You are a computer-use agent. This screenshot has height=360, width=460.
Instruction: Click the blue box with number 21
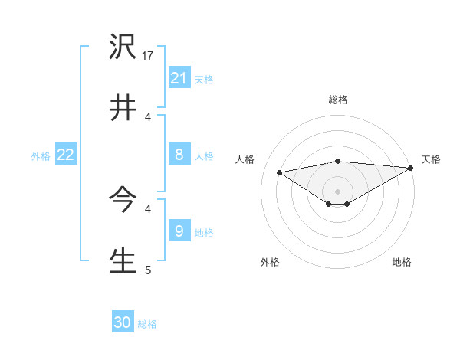[x=179, y=77]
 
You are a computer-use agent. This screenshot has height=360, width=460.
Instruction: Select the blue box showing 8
[x=179, y=155]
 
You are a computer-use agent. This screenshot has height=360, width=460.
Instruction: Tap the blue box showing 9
[x=179, y=231]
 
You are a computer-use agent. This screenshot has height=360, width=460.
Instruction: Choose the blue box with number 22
[x=66, y=155]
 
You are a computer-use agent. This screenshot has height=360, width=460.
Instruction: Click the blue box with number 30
[x=123, y=322]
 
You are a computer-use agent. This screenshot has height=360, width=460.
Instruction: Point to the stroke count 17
[x=149, y=57]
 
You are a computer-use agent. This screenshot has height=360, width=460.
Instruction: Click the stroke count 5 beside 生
[x=148, y=269]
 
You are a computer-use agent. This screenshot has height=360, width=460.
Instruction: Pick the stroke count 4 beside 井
[x=148, y=117]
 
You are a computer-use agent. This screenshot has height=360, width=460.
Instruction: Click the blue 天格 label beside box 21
[x=204, y=79]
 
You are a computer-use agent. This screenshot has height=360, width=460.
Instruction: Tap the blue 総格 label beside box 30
[x=147, y=324]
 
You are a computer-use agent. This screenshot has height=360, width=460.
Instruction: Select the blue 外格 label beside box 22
[x=41, y=156]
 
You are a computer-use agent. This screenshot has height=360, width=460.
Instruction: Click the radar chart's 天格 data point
[x=412, y=168]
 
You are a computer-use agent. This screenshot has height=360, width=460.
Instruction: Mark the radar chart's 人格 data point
[x=280, y=172]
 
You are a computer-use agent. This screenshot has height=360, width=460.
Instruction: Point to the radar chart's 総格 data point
[x=338, y=161]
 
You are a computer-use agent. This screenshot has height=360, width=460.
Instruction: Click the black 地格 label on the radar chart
[x=402, y=263]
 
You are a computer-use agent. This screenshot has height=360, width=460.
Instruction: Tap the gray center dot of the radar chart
[x=338, y=191]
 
